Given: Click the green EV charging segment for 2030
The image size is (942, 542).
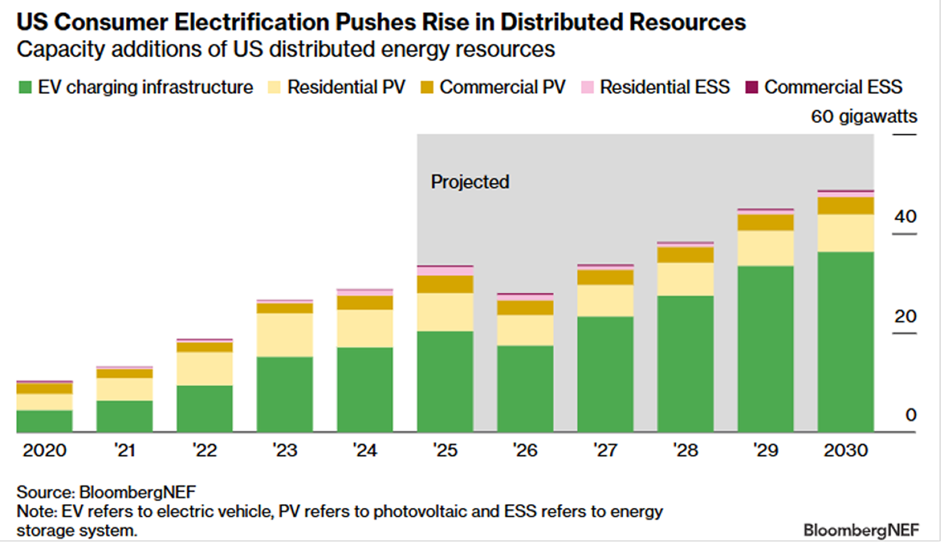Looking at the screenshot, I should [845, 342].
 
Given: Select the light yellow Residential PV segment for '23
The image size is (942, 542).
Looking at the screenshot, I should [284, 334].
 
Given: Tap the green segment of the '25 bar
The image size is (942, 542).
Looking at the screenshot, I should [445, 382].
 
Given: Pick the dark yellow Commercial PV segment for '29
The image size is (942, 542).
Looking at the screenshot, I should [765, 222].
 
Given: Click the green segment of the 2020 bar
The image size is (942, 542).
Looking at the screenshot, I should [45, 421].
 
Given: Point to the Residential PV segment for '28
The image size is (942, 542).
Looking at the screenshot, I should [685, 279].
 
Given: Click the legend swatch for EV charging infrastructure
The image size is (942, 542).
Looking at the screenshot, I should [25, 88].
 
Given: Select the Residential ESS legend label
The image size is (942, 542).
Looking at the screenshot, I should [665, 87].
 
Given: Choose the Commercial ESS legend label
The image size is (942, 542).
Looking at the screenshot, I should [833, 87].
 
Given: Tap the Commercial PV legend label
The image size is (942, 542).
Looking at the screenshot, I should [503, 87].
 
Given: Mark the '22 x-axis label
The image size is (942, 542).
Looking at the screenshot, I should [204, 451].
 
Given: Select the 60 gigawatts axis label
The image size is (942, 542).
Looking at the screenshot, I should [864, 118].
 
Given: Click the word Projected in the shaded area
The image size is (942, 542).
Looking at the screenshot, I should [470, 182].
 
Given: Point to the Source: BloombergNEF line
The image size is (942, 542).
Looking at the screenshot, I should [101, 492].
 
